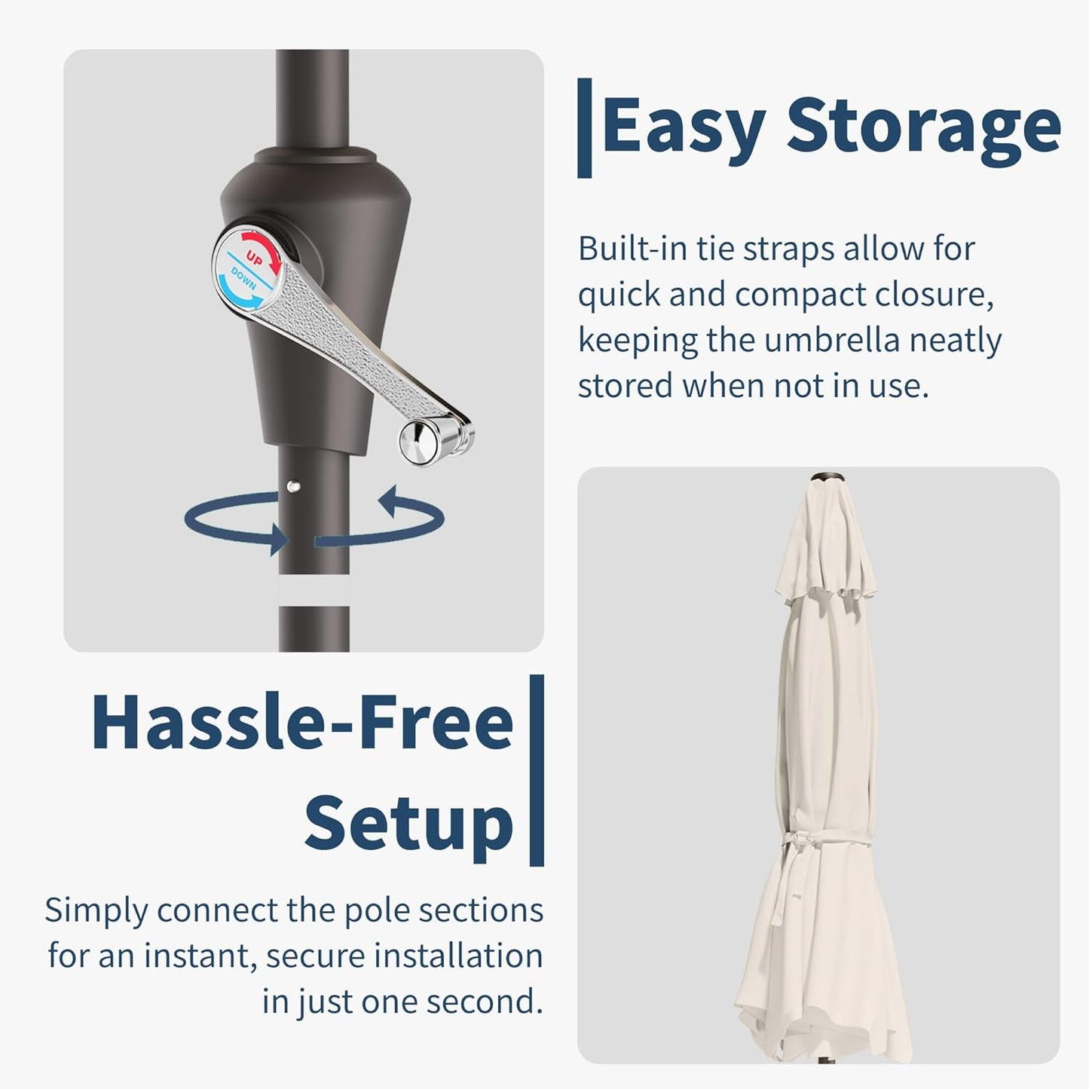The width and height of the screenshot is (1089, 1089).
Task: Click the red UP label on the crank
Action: point(254,258)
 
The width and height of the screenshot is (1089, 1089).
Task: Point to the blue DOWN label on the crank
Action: point(244,279)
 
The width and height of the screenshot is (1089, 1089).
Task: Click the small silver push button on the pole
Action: point(293,485)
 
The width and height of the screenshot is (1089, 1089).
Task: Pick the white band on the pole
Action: point(314,590)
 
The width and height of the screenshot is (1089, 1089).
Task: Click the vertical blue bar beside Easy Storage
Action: point(584,128)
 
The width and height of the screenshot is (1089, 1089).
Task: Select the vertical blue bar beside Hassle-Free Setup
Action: point(537,770)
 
